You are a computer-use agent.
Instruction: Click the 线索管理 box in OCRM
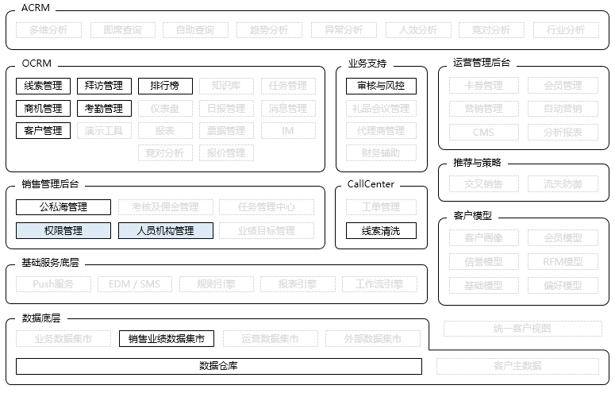(43, 86)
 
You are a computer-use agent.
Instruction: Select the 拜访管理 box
(104, 86)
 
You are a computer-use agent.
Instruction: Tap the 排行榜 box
(165, 86)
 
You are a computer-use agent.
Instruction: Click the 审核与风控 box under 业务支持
(381, 86)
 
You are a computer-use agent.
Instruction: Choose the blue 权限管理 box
(63, 231)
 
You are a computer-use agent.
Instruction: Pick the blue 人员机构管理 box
(166, 231)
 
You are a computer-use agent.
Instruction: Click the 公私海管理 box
(63, 207)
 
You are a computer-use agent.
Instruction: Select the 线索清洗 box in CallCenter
(381, 231)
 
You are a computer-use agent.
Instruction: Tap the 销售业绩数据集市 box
(166, 339)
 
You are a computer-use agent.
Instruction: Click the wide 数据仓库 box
(218, 366)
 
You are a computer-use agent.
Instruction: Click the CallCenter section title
(371, 184)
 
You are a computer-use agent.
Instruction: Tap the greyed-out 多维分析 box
(48, 30)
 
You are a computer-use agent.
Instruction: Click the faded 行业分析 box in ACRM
(564, 30)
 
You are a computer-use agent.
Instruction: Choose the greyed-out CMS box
(483, 132)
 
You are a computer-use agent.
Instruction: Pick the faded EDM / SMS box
(134, 283)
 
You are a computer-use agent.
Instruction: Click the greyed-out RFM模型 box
(563, 261)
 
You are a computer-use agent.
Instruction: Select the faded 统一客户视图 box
(521, 328)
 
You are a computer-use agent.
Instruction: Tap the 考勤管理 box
(104, 108)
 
